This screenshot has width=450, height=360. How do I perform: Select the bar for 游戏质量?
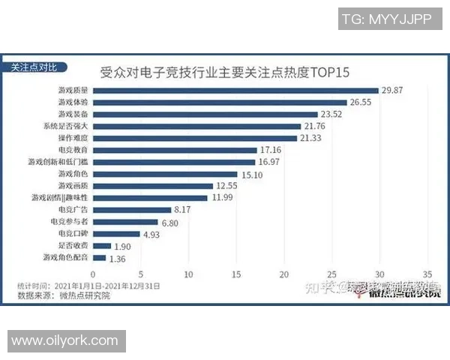pos(235,90)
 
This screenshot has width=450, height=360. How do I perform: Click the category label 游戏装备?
pos(72,114)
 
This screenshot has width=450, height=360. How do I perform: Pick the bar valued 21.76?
pos(196,126)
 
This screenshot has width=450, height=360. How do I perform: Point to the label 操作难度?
pos(72,138)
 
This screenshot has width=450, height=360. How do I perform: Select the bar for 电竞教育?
pos(175,150)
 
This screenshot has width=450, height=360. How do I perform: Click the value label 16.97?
pos(271,162)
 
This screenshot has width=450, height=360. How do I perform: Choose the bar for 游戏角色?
pos(165,174)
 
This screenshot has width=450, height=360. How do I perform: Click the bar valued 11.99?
pos(150,198)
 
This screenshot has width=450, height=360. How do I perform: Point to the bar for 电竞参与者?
pos(125,222)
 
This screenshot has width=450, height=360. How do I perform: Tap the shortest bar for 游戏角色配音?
pos(99,258)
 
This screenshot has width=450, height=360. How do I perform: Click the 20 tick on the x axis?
pos(284,274)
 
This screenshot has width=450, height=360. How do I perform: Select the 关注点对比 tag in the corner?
pos(34,66)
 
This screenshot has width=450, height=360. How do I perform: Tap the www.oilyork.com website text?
pos(65,341)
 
